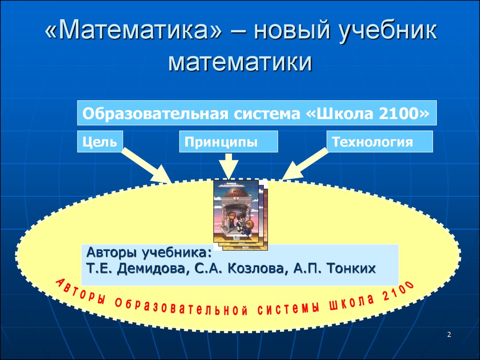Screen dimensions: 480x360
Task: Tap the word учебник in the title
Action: tap(387, 31)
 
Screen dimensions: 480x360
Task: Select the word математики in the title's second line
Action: tap(240, 62)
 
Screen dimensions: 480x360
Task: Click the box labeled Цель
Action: tap(100, 142)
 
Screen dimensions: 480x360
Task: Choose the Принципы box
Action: tap(228, 142)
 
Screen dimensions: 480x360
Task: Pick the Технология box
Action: tap(380, 142)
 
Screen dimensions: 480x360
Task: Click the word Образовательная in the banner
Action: tap(155, 114)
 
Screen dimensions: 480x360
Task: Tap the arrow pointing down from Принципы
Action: tap(228, 166)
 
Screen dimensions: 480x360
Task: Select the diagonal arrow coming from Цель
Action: tap(146, 165)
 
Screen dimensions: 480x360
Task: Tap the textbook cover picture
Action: tap(240, 215)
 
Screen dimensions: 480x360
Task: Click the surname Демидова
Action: tap(151, 269)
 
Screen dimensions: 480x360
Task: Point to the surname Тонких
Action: tap(351, 268)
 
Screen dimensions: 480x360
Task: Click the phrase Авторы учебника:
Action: tap(149, 253)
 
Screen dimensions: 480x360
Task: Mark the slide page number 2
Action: tap(449, 335)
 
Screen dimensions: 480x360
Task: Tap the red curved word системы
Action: tap(288, 307)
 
